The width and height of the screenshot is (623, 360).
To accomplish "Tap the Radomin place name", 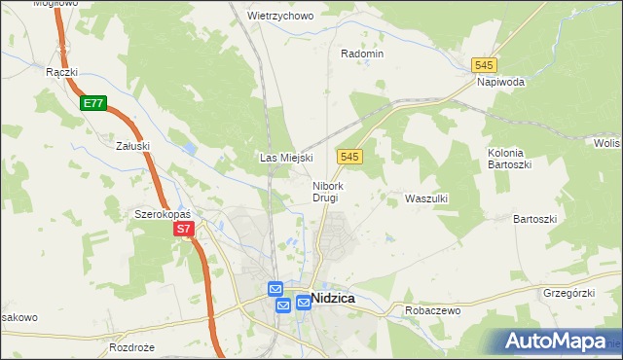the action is pos(362,54).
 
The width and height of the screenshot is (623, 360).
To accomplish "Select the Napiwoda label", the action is pos(501,83).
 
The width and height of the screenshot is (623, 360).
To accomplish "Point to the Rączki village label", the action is pos(61,72).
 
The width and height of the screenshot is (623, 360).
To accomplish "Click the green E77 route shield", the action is pos(92,102).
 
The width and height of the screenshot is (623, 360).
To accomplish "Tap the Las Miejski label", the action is pos(284,158).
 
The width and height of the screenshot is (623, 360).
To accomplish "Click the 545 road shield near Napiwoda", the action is pos(484,64).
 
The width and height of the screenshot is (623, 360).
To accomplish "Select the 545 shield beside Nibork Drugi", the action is pos(351,157).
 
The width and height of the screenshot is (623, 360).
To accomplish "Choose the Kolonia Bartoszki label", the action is pos(506,159).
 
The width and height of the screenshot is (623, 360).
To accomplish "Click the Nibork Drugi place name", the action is pos(325,191).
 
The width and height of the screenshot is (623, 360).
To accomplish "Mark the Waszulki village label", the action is pos(425,198).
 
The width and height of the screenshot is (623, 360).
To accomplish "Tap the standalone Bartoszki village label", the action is pos(534,219).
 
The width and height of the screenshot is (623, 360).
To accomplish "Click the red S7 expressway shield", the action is pos(185,230).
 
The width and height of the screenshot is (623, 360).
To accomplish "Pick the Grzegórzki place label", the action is pos(568,291).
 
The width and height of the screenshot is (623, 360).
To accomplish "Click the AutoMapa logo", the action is pos(555,342).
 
